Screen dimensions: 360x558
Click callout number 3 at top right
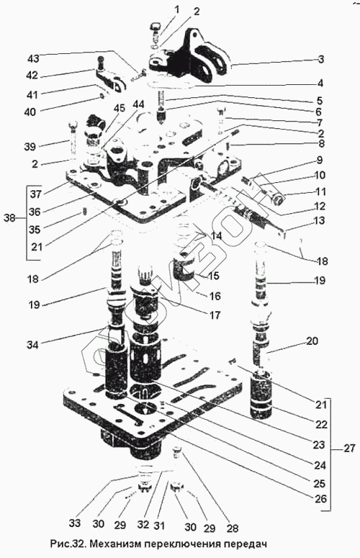(321, 59)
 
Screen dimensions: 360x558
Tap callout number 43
(35, 58)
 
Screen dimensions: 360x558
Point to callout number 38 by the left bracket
(10, 217)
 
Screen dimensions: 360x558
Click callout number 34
(34, 344)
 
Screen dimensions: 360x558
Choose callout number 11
(320, 192)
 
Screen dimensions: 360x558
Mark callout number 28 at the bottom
(232, 528)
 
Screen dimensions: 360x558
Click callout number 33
(76, 523)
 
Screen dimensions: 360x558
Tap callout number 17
(215, 315)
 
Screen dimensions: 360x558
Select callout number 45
(120, 107)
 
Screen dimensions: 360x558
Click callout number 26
(320, 499)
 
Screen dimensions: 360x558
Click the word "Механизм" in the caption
(114, 544)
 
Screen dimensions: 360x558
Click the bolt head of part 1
(156, 26)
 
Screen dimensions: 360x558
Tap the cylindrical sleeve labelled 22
(261, 395)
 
